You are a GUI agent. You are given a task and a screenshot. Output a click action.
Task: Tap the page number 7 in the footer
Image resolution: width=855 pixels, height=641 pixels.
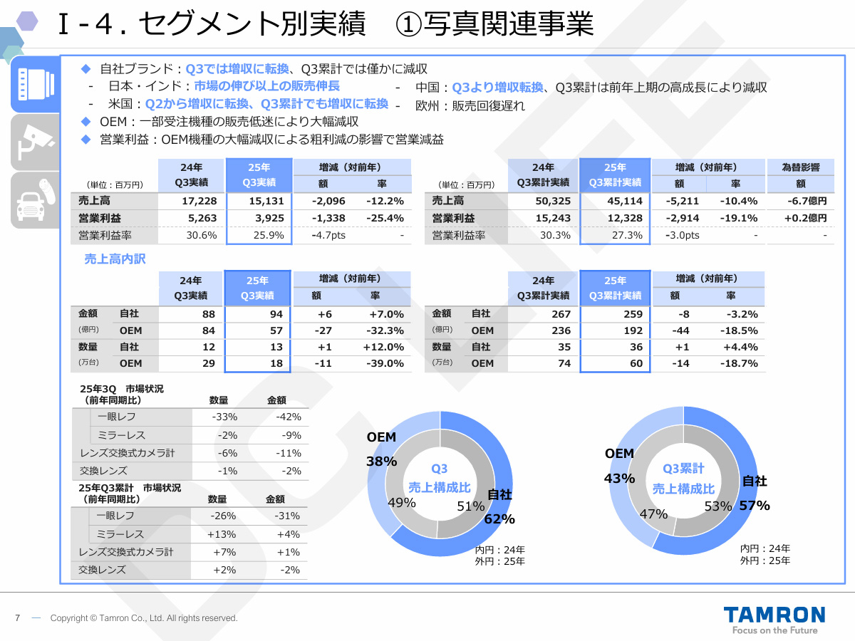click(17, 618)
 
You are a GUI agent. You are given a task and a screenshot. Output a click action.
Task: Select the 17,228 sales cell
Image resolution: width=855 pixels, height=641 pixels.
click(199, 202)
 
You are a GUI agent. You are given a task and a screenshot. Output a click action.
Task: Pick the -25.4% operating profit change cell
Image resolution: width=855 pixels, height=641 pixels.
click(385, 218)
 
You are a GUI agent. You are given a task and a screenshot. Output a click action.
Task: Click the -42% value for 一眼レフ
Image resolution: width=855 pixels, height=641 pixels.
click(289, 417)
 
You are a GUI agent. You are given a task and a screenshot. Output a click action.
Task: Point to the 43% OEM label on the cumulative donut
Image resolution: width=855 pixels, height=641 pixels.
click(619, 479)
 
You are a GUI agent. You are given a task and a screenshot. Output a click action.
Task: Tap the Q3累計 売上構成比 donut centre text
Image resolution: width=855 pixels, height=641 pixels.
click(683, 479)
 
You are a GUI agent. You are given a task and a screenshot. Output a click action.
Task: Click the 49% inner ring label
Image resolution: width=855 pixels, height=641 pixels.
click(402, 502)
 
